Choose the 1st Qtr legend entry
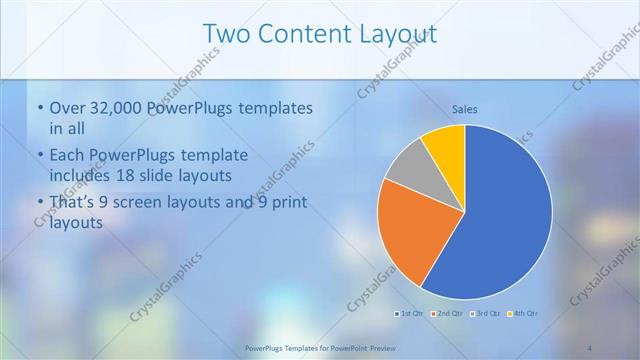point(409,314)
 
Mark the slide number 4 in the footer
point(589,348)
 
